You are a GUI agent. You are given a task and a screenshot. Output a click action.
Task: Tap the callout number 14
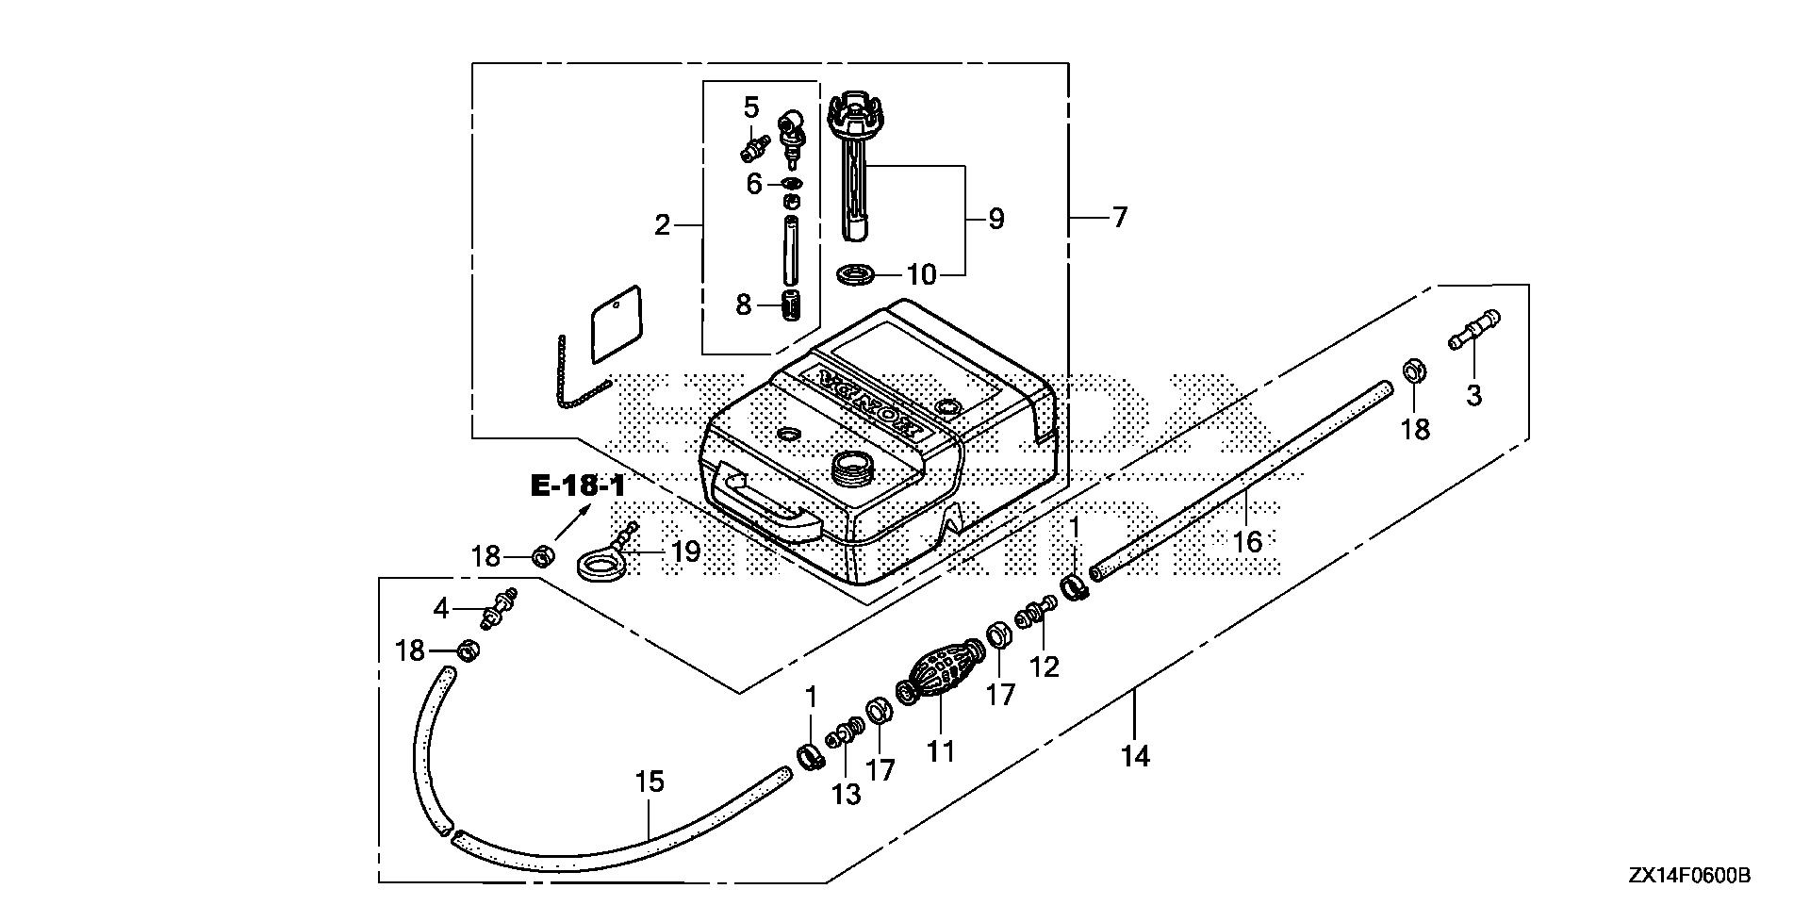[x=1135, y=755]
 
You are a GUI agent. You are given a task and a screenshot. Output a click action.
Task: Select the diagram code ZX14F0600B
[x=1688, y=877]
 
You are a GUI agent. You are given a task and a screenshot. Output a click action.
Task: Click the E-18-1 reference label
[x=578, y=486]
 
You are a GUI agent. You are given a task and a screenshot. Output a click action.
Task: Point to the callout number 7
[x=1119, y=218]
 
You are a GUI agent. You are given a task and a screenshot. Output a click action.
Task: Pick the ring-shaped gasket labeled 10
[x=856, y=274]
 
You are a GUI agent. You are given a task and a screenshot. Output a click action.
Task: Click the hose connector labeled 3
[x=1473, y=333]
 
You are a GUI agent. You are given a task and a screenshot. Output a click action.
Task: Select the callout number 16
[x=1246, y=541]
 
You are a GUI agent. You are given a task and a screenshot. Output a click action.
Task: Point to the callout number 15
[x=650, y=782]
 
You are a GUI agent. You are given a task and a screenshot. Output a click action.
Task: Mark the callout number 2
[x=662, y=224]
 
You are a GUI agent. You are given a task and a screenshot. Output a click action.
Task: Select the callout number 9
[x=995, y=220]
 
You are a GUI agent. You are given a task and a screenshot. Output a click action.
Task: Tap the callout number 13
[x=846, y=794]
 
